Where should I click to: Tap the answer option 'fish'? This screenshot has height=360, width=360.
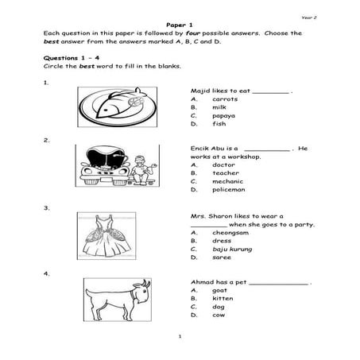(x=219, y=125)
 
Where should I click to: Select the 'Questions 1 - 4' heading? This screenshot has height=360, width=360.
(x=71, y=60)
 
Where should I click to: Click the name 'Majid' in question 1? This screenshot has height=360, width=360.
(x=200, y=91)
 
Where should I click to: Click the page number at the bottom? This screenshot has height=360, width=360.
(x=180, y=336)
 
